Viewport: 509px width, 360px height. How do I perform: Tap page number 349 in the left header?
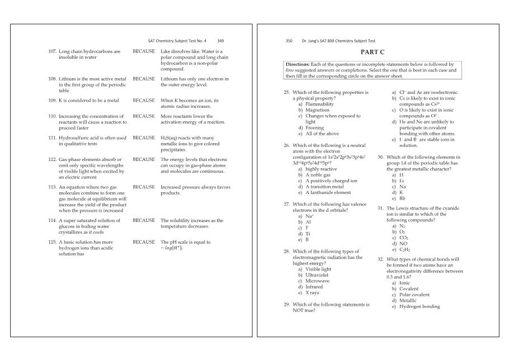click(220, 41)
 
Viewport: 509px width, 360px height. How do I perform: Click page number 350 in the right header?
click(289, 41)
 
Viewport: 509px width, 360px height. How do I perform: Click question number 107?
click(52, 52)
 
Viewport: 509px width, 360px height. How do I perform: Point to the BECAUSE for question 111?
click(144, 138)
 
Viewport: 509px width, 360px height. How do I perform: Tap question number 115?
click(52, 243)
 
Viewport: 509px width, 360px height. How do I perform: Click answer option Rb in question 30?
click(402, 198)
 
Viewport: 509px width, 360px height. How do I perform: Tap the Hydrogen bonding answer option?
click(420, 306)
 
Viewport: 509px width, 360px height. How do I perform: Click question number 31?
click(381, 208)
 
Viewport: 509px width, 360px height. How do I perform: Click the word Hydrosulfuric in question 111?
click(76, 138)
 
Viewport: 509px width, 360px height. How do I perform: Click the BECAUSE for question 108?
click(144, 79)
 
